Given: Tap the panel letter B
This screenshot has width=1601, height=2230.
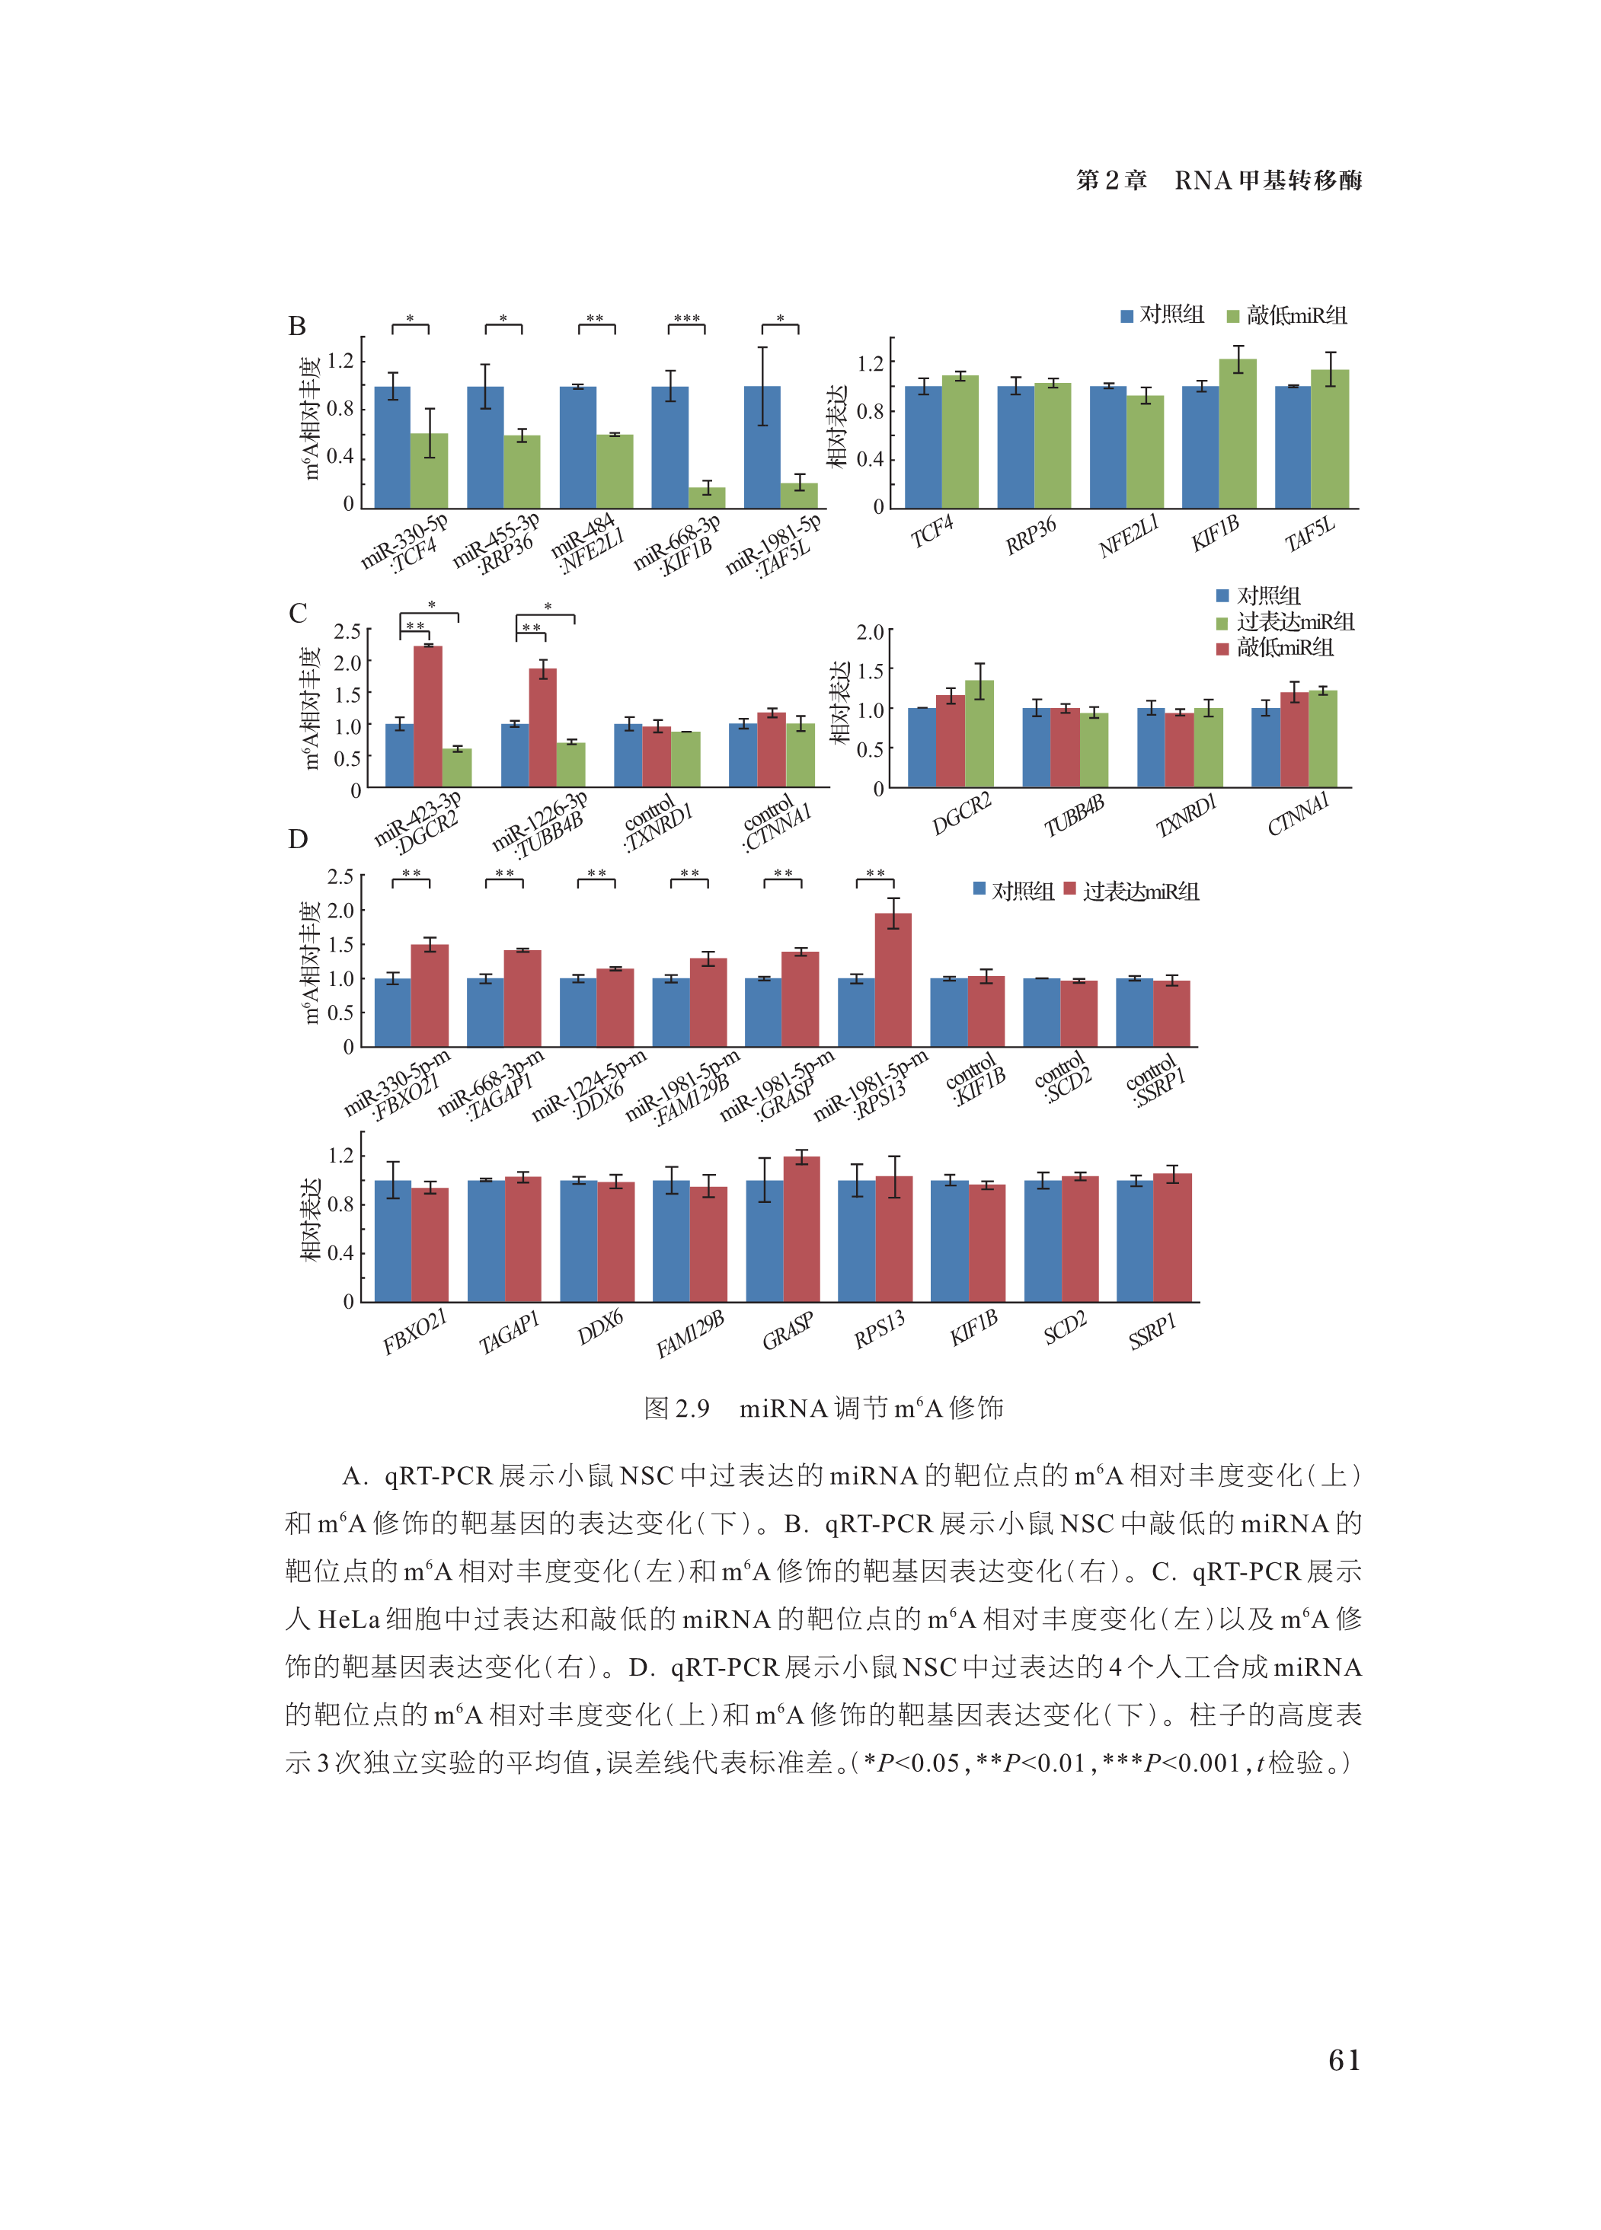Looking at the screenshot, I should [x=297, y=327].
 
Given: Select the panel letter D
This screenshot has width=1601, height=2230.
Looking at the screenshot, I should [x=297, y=839].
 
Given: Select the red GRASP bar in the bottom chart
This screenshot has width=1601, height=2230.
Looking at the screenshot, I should [x=801, y=1229].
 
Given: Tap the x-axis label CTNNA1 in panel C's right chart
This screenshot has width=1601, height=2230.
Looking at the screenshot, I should [x=1297, y=814].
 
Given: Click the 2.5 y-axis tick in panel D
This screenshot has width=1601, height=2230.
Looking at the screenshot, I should [x=340, y=876].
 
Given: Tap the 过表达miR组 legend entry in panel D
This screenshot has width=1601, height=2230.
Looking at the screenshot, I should [x=1132, y=891].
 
